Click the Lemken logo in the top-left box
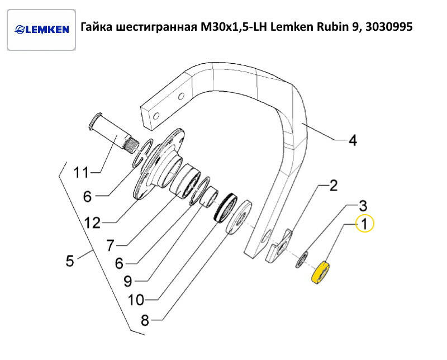click(x=41, y=30)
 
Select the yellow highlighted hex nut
click(x=321, y=272)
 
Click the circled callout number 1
click(x=365, y=224)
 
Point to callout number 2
click(x=333, y=186)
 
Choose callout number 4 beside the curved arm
click(x=353, y=140)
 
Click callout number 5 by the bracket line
click(x=70, y=260)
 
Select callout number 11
click(x=81, y=173)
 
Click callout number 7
click(x=111, y=245)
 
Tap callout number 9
click(x=128, y=282)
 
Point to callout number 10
click(x=136, y=300)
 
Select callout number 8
click(x=145, y=320)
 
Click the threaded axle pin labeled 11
click(x=114, y=132)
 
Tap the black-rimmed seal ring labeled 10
click(x=225, y=207)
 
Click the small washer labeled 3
click(x=301, y=259)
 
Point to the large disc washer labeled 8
click(x=239, y=217)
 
